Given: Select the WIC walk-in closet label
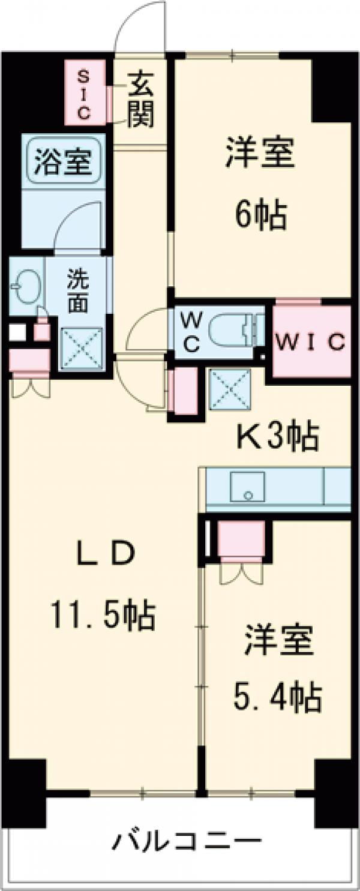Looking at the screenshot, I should tap(311, 342).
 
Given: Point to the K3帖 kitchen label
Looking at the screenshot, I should tap(275, 436).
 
